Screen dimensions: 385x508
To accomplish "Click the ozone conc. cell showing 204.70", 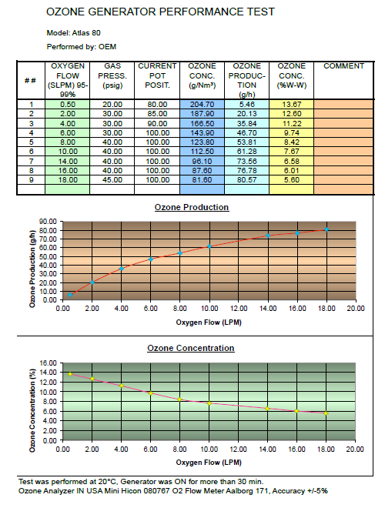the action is [x=202, y=105].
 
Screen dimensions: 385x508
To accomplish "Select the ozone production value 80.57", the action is [x=246, y=180].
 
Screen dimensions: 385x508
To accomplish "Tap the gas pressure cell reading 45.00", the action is [x=112, y=180].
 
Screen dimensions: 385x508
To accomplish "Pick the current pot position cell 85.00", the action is [x=157, y=114].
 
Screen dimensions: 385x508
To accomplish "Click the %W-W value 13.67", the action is [x=292, y=105].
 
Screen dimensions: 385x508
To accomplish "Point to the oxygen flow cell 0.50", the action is [x=68, y=105].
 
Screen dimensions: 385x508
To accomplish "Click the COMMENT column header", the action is [x=343, y=66].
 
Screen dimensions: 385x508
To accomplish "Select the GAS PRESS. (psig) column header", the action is [x=112, y=75].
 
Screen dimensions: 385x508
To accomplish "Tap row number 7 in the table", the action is [x=31, y=162].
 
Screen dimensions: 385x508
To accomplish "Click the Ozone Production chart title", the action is [x=192, y=207].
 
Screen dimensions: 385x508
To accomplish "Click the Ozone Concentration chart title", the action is [x=191, y=348].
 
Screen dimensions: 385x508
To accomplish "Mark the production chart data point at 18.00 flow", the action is [x=326, y=229].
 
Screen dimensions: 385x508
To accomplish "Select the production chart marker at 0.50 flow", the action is [x=70, y=295].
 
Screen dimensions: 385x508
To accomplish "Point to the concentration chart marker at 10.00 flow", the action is [x=209, y=403].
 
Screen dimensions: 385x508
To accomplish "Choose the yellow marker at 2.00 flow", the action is [x=92, y=379].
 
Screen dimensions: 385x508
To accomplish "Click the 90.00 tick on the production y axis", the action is [x=48, y=222].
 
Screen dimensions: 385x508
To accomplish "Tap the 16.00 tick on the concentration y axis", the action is [x=48, y=363].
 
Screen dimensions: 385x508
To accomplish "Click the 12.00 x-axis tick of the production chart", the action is [x=239, y=309].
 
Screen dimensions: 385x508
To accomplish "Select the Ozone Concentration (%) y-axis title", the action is [x=32, y=410].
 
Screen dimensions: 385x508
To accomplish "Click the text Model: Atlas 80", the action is [x=74, y=33].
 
